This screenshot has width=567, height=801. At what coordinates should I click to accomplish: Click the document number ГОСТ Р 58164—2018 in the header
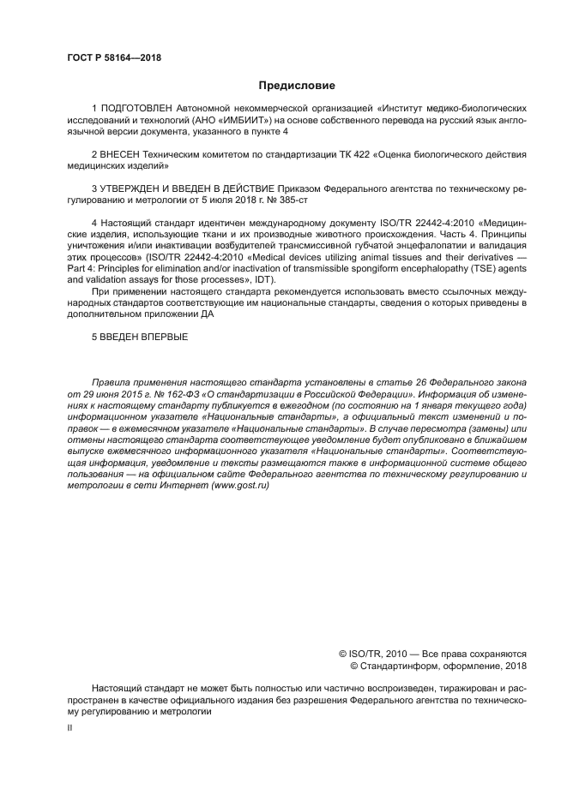pos(114,58)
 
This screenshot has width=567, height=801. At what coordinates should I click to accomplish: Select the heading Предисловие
pos(298,86)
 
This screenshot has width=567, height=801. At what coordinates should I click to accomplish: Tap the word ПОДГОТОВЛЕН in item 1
pos(137,110)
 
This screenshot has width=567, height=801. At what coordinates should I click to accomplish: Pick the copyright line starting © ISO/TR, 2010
pos(432,652)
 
